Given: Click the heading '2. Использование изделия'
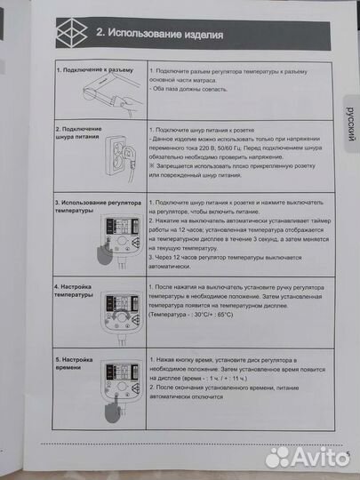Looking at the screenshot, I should pos(153,35).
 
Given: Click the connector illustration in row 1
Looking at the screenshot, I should pos(111,94).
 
